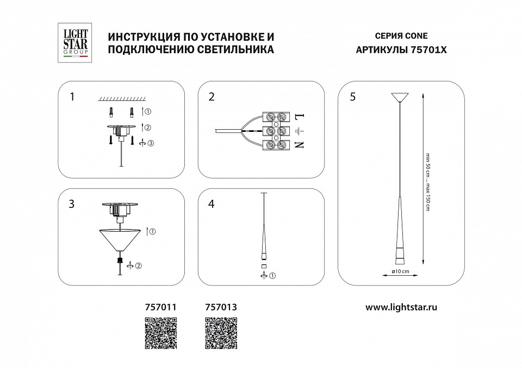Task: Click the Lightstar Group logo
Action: coord(73,43)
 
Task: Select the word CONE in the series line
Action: coord(416,36)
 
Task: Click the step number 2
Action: coord(212,97)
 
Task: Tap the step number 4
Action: coord(212,204)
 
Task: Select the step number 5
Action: coord(353,97)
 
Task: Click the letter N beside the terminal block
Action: coord(298,145)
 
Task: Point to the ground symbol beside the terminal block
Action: coord(298,131)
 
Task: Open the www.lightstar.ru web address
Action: coord(401,307)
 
